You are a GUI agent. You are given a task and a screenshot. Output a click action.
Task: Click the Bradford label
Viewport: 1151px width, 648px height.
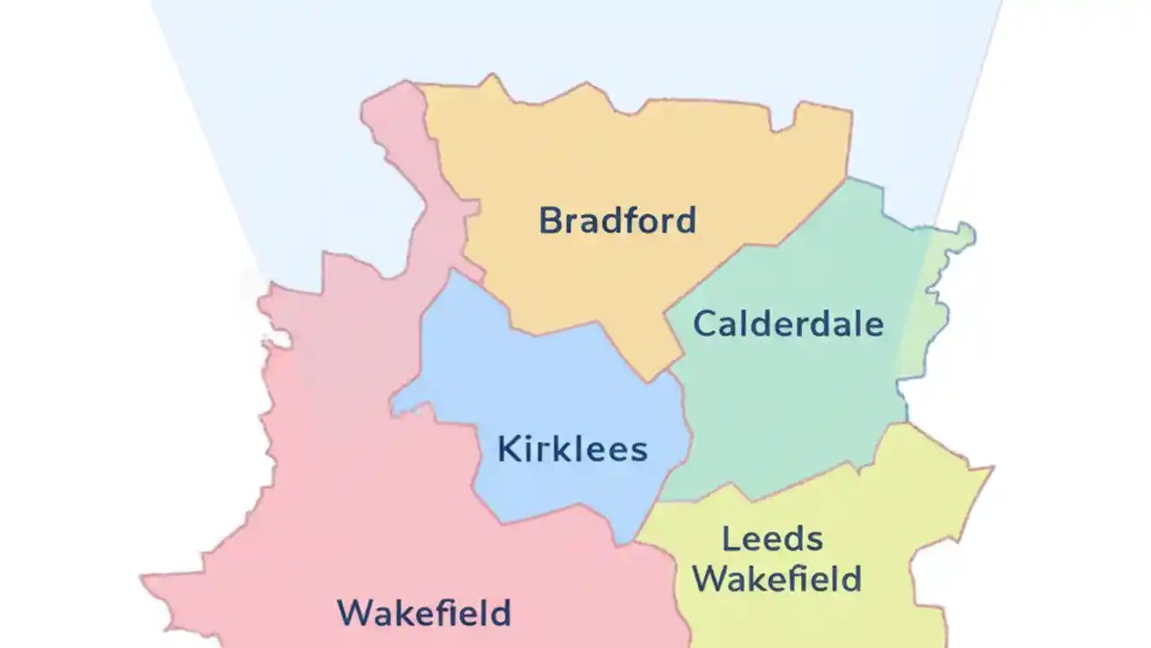point(617,220)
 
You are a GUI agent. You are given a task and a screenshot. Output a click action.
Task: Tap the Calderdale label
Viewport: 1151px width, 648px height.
point(788,324)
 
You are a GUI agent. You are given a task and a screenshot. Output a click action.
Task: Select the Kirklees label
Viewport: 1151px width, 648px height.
point(572,449)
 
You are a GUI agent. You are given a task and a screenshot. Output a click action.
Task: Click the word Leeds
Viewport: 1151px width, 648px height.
point(772,540)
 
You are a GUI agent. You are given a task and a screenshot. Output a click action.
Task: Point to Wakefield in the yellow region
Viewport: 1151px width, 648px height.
point(777,579)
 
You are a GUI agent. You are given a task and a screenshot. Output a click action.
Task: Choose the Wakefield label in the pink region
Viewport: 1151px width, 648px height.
point(424,614)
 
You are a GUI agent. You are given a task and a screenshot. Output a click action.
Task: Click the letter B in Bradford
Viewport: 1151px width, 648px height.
point(549,220)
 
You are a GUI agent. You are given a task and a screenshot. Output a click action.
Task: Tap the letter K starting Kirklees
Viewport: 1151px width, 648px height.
point(507,449)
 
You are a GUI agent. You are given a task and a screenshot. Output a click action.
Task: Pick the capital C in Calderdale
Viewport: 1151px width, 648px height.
point(704,324)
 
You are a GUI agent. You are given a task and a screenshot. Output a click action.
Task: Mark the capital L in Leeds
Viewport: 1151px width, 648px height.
point(730,540)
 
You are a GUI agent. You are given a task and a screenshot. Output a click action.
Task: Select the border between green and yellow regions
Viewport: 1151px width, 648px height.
point(809,478)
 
